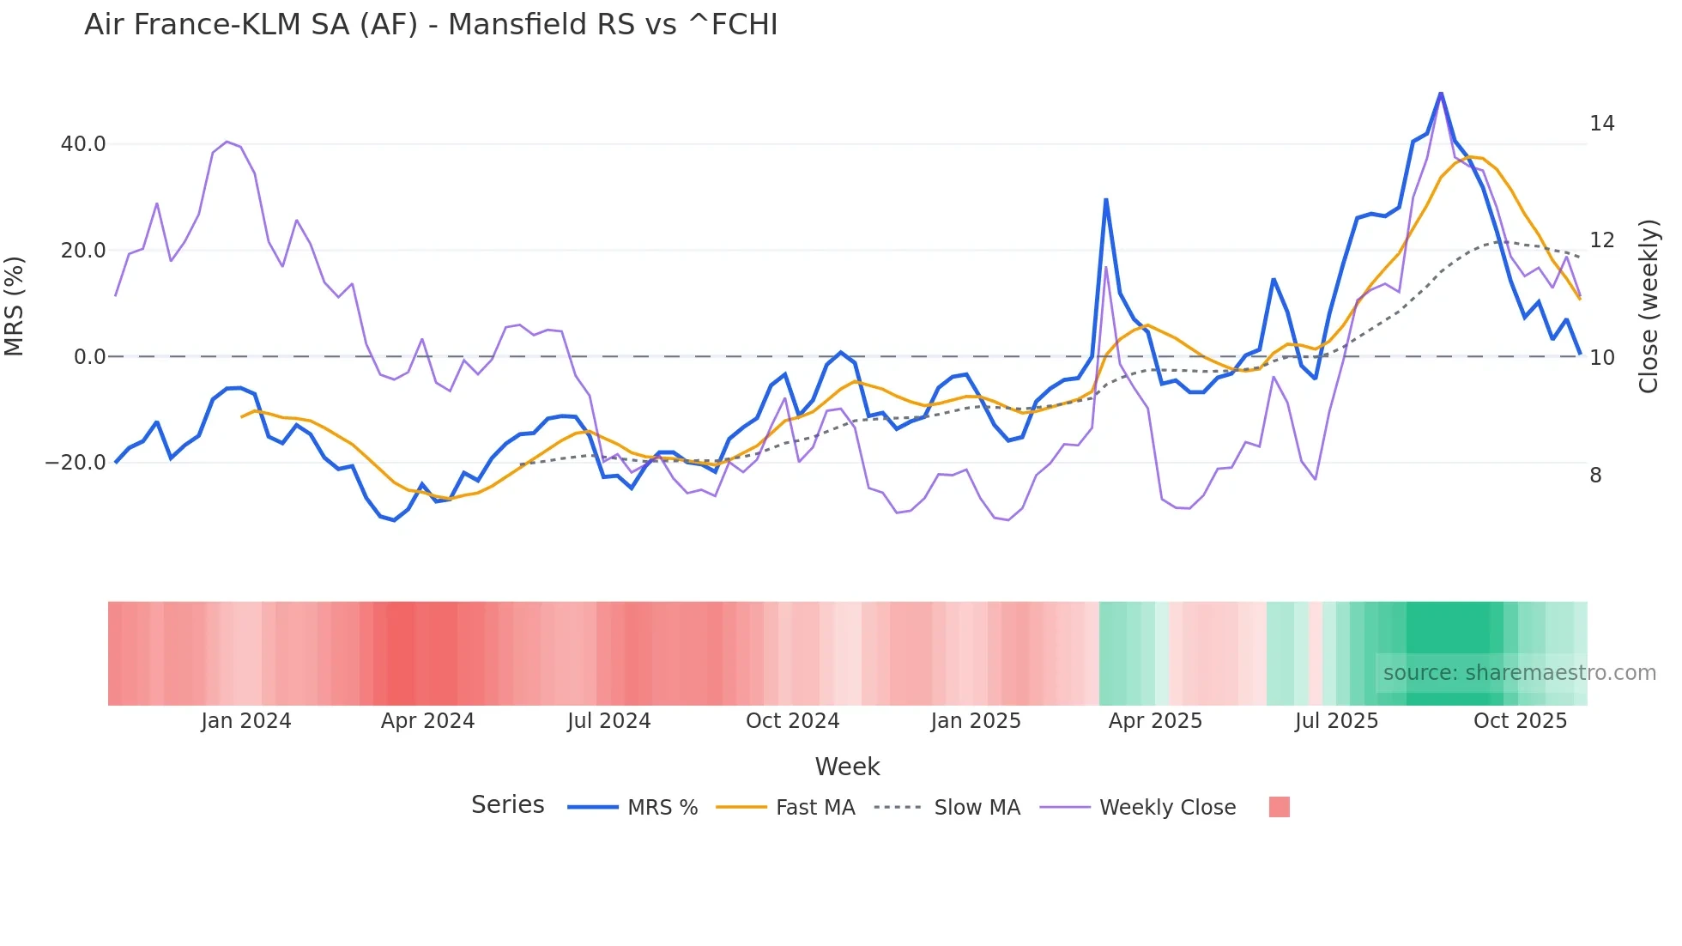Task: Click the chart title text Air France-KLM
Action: coord(430,25)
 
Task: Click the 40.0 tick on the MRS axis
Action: coord(83,144)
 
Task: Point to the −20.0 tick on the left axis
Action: coord(76,463)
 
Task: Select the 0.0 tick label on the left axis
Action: coord(89,357)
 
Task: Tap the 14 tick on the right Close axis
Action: coord(1601,124)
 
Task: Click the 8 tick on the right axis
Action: coord(1595,476)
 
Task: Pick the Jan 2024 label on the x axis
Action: coord(246,721)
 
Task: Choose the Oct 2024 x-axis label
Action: coord(792,721)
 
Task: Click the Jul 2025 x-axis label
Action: coord(1336,721)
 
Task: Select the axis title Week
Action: coord(847,767)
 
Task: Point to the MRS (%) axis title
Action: coord(15,306)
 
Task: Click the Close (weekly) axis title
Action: coord(1649,306)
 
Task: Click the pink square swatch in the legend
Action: coord(1279,807)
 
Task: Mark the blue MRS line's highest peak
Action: coord(1441,93)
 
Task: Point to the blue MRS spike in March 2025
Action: coord(1106,200)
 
